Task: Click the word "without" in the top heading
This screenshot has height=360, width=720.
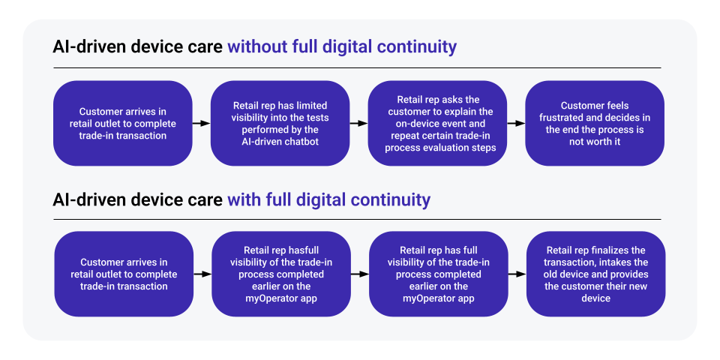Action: point(256,46)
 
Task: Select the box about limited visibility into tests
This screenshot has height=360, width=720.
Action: point(280,124)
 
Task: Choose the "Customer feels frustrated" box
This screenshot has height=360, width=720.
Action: point(595,124)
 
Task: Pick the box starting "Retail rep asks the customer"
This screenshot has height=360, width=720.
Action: point(437,124)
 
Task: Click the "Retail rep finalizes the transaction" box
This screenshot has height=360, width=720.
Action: point(595,274)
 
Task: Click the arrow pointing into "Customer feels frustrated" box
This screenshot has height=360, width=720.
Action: point(516,124)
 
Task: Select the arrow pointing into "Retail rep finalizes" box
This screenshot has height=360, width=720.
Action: point(517,274)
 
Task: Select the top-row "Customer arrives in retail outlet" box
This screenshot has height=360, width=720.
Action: point(122,124)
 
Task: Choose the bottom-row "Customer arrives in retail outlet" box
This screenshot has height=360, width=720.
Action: point(124,274)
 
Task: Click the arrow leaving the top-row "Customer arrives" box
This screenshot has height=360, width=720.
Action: point(201,124)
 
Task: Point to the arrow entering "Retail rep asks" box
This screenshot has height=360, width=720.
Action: point(358,124)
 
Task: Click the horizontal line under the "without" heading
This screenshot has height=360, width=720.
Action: point(357,68)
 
